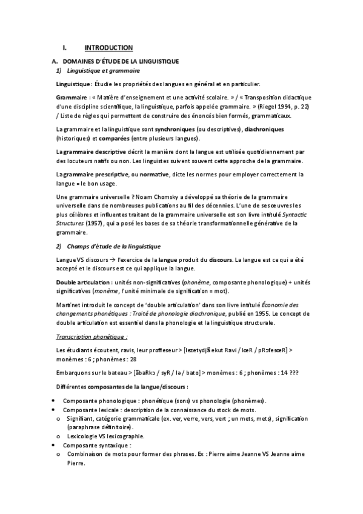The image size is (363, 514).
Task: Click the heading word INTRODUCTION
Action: click(108, 47)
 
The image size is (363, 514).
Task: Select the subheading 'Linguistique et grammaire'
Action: click(105, 71)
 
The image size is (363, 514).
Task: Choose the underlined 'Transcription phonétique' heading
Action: click(91, 336)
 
